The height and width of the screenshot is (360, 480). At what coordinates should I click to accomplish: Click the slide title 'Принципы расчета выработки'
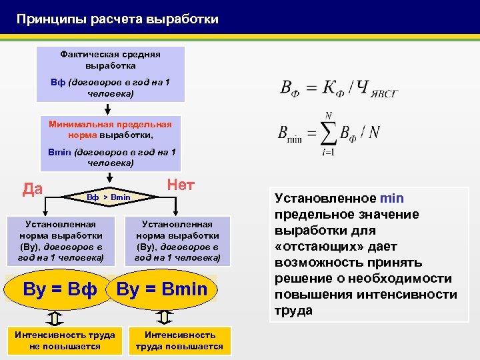(x=117, y=19)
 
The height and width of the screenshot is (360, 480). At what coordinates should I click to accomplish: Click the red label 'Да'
(x=32, y=189)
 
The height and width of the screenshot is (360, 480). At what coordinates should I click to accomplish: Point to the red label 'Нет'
(x=181, y=185)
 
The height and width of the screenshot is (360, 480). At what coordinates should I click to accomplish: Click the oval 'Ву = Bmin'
(x=162, y=289)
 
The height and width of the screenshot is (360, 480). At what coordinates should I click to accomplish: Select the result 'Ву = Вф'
(x=59, y=289)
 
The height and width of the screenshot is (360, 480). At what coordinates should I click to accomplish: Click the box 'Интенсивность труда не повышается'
(x=65, y=340)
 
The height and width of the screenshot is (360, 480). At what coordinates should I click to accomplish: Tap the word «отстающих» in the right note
(x=313, y=247)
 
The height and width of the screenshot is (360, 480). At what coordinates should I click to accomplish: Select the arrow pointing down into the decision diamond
(x=110, y=178)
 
